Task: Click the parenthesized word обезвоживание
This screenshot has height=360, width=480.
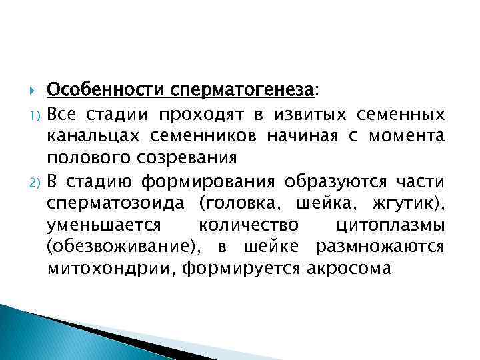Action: click(x=124, y=247)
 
